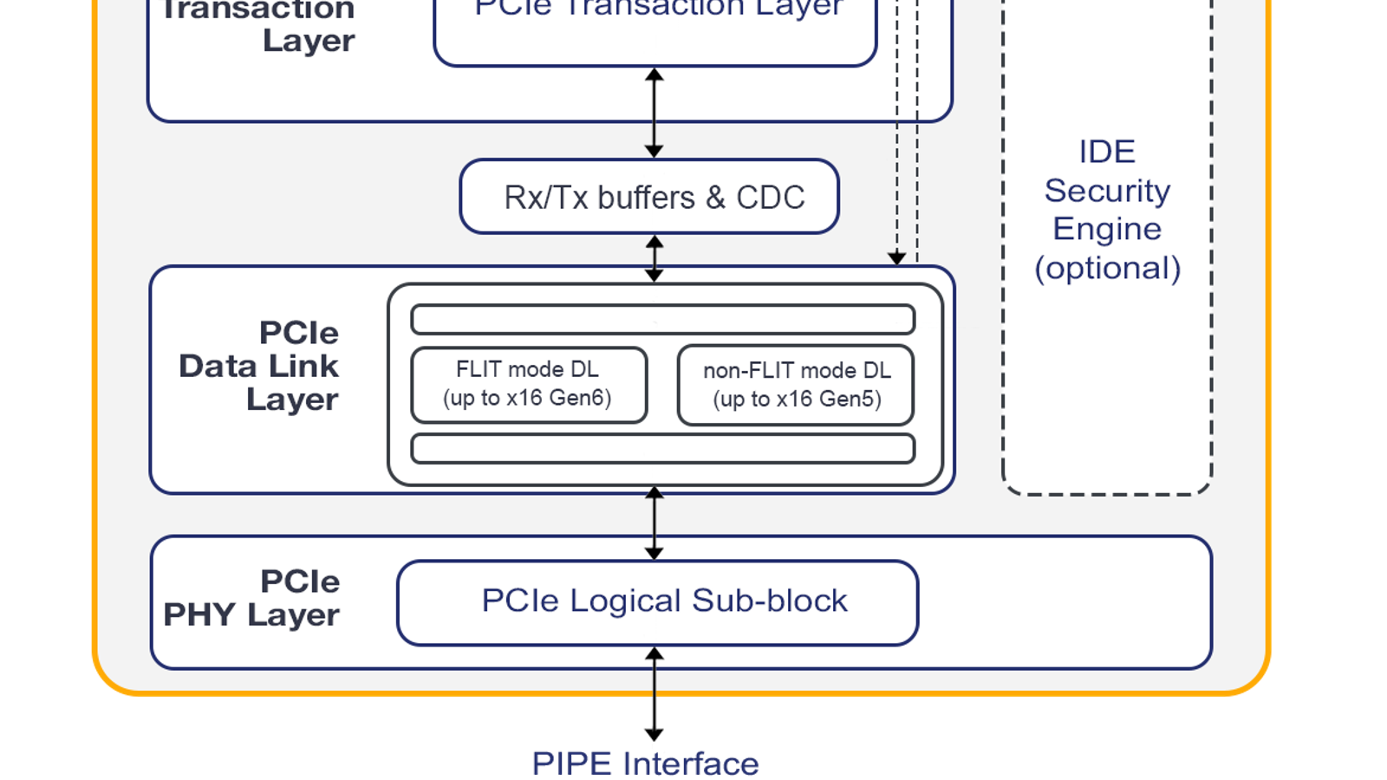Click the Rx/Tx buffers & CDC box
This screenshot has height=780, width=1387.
649,197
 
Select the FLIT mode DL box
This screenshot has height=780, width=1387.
528,384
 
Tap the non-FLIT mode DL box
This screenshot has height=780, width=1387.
796,385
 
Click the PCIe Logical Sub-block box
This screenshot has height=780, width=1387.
657,602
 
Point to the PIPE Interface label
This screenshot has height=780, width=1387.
645,764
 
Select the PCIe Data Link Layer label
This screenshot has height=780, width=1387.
259,366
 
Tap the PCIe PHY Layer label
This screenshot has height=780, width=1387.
252,598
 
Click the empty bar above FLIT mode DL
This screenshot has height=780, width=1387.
662,319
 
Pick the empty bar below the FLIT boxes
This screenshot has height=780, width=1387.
662,449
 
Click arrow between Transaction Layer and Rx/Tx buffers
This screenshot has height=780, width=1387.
654,113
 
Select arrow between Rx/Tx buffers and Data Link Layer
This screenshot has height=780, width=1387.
654,258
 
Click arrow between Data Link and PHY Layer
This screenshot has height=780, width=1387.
654,523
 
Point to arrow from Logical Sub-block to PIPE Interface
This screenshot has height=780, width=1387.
654,693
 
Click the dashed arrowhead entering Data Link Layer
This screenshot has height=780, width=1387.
897,257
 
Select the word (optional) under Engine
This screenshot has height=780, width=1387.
1107,268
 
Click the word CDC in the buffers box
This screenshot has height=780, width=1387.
771,198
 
